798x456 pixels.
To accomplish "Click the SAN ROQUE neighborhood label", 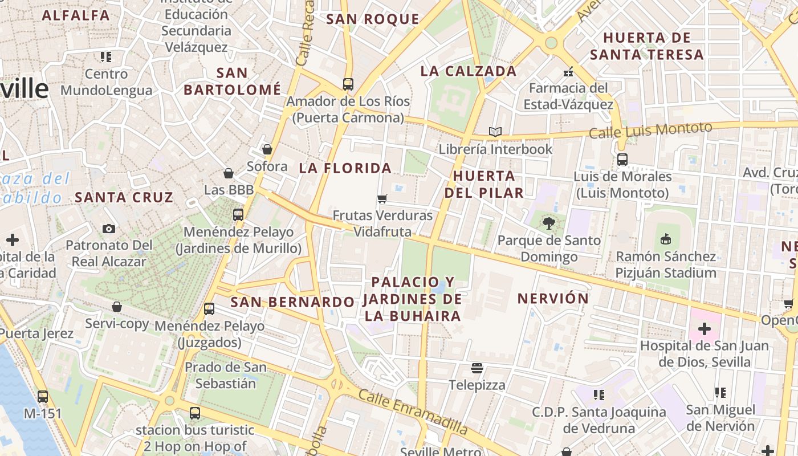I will click(x=372, y=19).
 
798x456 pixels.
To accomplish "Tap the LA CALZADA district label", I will click(x=469, y=71).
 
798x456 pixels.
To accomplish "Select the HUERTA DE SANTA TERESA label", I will click(x=646, y=46).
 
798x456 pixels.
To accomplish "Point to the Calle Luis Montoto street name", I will click(x=650, y=131).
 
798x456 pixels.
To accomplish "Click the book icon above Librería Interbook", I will click(x=495, y=132).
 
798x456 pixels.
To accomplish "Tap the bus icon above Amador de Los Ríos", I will click(x=348, y=84).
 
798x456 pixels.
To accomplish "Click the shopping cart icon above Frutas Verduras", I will click(x=382, y=198).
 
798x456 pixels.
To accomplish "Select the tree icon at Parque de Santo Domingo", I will click(x=549, y=223).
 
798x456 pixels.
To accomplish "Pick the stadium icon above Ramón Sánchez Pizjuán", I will click(x=665, y=239).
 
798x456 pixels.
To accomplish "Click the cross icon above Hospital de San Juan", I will click(x=704, y=329).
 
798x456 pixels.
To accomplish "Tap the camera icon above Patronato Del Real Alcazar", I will click(x=109, y=229).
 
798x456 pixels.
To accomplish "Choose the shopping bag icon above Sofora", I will click(x=267, y=149).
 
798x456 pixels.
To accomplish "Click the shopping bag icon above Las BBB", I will click(x=229, y=173).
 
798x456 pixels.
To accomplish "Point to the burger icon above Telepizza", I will click(x=477, y=368).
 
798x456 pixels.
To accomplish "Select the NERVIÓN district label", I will click(x=553, y=298).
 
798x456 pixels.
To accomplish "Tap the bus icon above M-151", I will click(x=43, y=396).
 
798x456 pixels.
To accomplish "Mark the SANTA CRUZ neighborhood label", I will click(x=124, y=197).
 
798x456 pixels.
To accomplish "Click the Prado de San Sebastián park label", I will click(x=225, y=375).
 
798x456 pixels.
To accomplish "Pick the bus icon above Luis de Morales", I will click(x=622, y=160).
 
